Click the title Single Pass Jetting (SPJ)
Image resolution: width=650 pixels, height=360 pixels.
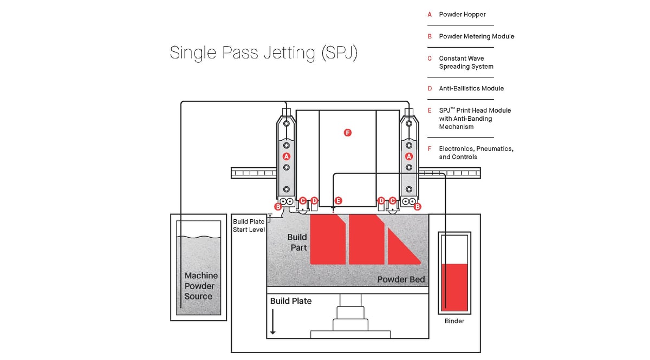264,53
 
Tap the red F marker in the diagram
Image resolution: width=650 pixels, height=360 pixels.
348,132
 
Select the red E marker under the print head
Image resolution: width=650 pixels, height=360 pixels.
339,200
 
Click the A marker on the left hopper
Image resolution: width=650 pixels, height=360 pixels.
287,156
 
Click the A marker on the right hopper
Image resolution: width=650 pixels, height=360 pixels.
409,156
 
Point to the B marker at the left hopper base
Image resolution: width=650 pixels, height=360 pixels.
278,206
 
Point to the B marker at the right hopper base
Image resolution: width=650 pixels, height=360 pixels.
418,206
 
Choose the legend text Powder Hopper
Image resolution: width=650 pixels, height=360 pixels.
462,15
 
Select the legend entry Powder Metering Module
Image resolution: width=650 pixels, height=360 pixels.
476,36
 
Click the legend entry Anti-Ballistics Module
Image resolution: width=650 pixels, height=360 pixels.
471,88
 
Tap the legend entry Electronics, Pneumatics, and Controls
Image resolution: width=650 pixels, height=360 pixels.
476,153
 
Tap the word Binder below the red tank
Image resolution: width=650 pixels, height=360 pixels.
454,321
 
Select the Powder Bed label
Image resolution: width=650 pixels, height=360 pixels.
401,280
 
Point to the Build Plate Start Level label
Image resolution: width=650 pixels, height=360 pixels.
249,225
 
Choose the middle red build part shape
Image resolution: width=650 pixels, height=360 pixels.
366,239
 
